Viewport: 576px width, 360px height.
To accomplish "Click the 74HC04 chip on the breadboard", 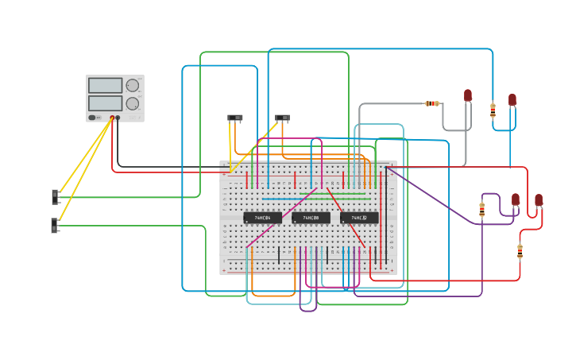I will click(x=262, y=218).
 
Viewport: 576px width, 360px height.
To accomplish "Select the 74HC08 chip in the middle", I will click(x=311, y=218).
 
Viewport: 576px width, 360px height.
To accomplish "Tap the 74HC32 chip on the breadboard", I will click(x=359, y=218).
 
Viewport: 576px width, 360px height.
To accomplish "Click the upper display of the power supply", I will click(x=106, y=86).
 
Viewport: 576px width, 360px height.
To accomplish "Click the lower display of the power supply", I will click(x=106, y=103).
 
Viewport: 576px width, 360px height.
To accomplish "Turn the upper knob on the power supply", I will click(x=133, y=86).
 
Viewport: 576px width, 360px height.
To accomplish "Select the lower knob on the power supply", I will click(x=133, y=104).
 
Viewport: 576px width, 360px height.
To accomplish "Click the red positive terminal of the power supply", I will click(x=112, y=118).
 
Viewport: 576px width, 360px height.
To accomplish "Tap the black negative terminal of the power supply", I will click(x=118, y=118).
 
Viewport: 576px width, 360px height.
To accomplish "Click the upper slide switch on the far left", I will click(x=56, y=196).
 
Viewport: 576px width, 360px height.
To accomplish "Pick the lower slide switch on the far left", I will click(x=55, y=226).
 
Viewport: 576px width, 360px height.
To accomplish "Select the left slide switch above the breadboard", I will click(x=234, y=118).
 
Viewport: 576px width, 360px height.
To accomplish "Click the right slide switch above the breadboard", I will click(x=282, y=118).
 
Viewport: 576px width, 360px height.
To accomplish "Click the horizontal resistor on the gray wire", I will click(x=432, y=103).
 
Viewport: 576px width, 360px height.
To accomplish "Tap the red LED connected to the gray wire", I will click(x=468, y=95).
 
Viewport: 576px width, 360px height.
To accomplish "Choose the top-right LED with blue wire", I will click(x=512, y=100).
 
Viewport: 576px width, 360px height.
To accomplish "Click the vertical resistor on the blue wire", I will click(x=493, y=110).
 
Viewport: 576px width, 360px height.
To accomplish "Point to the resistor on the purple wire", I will click(x=482, y=210).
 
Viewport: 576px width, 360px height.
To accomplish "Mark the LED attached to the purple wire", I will click(x=516, y=199).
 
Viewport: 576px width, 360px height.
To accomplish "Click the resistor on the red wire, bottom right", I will click(x=520, y=251).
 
